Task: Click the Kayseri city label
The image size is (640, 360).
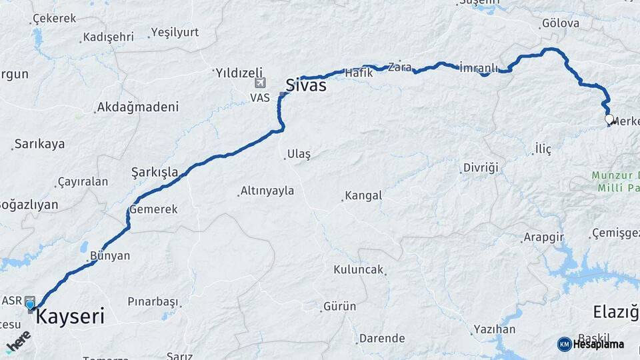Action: coord(70,317)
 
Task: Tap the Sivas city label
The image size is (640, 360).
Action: coord(306,85)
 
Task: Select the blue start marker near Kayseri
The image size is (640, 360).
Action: coord(30,305)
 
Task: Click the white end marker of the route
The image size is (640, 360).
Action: coord(609,119)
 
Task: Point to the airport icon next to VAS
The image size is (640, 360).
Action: coord(260,83)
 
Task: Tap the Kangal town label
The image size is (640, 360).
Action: coord(363,196)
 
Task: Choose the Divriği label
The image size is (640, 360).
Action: coord(481,167)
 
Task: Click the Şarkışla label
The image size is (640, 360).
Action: coord(155,172)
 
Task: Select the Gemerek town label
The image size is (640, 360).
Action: coord(154,209)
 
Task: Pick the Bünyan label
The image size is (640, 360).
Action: coord(110,255)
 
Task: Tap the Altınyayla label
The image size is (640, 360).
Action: coord(267,191)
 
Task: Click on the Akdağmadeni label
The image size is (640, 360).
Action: coord(138,107)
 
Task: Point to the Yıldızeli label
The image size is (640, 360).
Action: coord(239,72)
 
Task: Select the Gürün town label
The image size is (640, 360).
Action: coord(340,307)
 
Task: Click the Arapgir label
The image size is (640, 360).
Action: coord(544,237)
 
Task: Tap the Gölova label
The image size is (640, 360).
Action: coord(561,23)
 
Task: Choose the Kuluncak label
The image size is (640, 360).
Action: coord(359,269)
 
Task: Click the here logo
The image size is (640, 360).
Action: coord(18,341)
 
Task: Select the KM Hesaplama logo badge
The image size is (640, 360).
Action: coord(591,344)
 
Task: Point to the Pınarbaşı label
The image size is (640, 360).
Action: coord(152,301)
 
